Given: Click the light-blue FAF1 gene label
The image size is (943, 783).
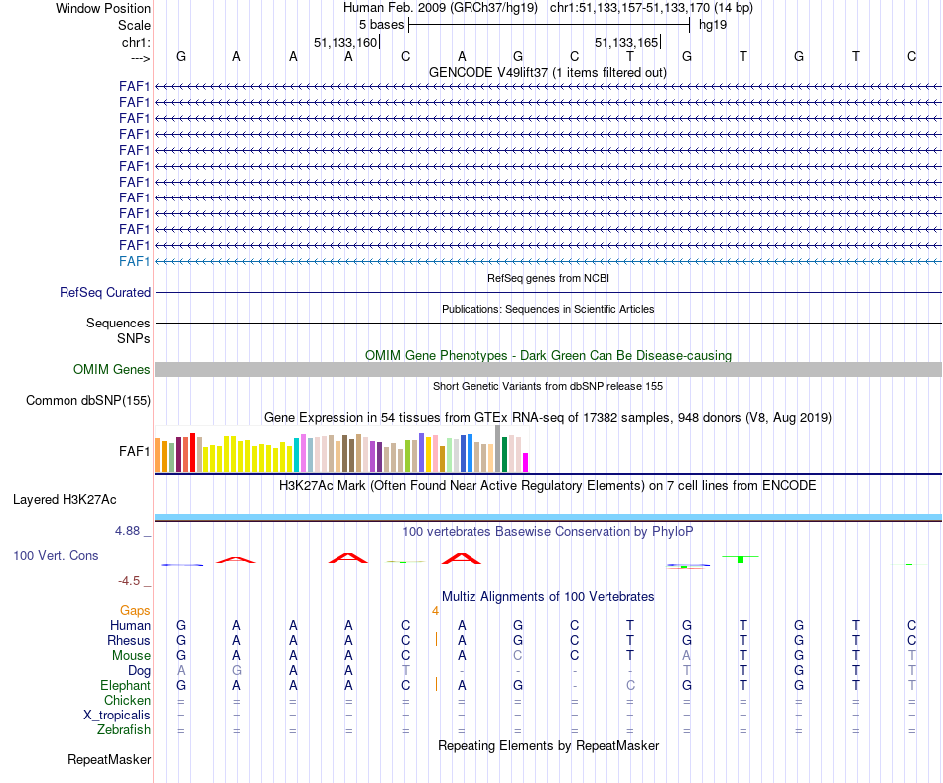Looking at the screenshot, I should click(x=134, y=261).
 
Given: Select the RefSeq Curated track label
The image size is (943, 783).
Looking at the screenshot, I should click(x=105, y=293).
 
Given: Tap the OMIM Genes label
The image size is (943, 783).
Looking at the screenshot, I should click(x=112, y=370).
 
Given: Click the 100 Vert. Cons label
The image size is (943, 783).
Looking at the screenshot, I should click(x=56, y=556).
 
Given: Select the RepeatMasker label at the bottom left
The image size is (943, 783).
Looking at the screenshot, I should click(x=109, y=760).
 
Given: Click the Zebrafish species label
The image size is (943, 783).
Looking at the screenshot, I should click(x=125, y=730).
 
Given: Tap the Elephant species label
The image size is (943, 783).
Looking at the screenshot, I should click(x=125, y=686).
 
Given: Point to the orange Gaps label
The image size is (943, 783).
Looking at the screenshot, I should click(x=135, y=611).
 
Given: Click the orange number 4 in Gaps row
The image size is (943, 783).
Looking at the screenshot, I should click(x=435, y=611).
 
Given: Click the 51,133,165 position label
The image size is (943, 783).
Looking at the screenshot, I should click(x=626, y=43).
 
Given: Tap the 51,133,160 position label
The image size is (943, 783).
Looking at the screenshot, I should click(x=345, y=43).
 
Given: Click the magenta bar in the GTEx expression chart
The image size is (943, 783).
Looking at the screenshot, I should click(x=526, y=461).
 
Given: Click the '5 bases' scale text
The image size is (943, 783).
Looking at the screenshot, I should click(x=381, y=25).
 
